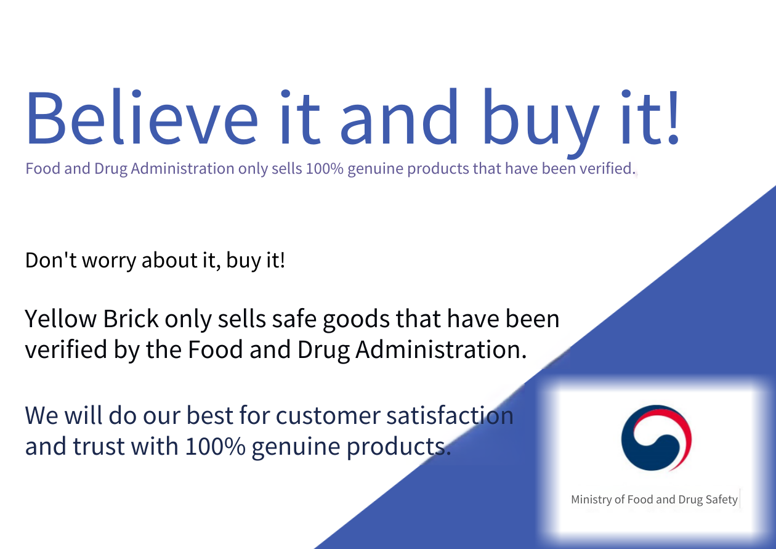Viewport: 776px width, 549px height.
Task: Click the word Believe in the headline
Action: tap(142, 116)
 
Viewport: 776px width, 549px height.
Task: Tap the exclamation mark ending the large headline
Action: tap(673, 116)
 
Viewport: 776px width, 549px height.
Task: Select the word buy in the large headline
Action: tap(541, 123)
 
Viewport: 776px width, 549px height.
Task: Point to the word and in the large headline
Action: tap(399, 116)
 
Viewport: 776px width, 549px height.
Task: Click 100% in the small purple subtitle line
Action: tap(325, 169)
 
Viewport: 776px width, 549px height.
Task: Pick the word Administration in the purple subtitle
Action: tap(182, 169)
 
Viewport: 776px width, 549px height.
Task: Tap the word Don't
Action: tap(51, 260)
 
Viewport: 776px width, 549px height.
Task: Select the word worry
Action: tap(109, 262)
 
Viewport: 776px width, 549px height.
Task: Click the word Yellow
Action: tap(61, 319)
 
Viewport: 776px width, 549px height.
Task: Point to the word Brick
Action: tap(131, 319)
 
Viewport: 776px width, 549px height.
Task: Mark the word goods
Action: tap(357, 321)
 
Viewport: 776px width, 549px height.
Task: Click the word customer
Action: tap(328, 415)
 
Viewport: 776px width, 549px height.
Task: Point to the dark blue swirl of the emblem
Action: tap(641, 450)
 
